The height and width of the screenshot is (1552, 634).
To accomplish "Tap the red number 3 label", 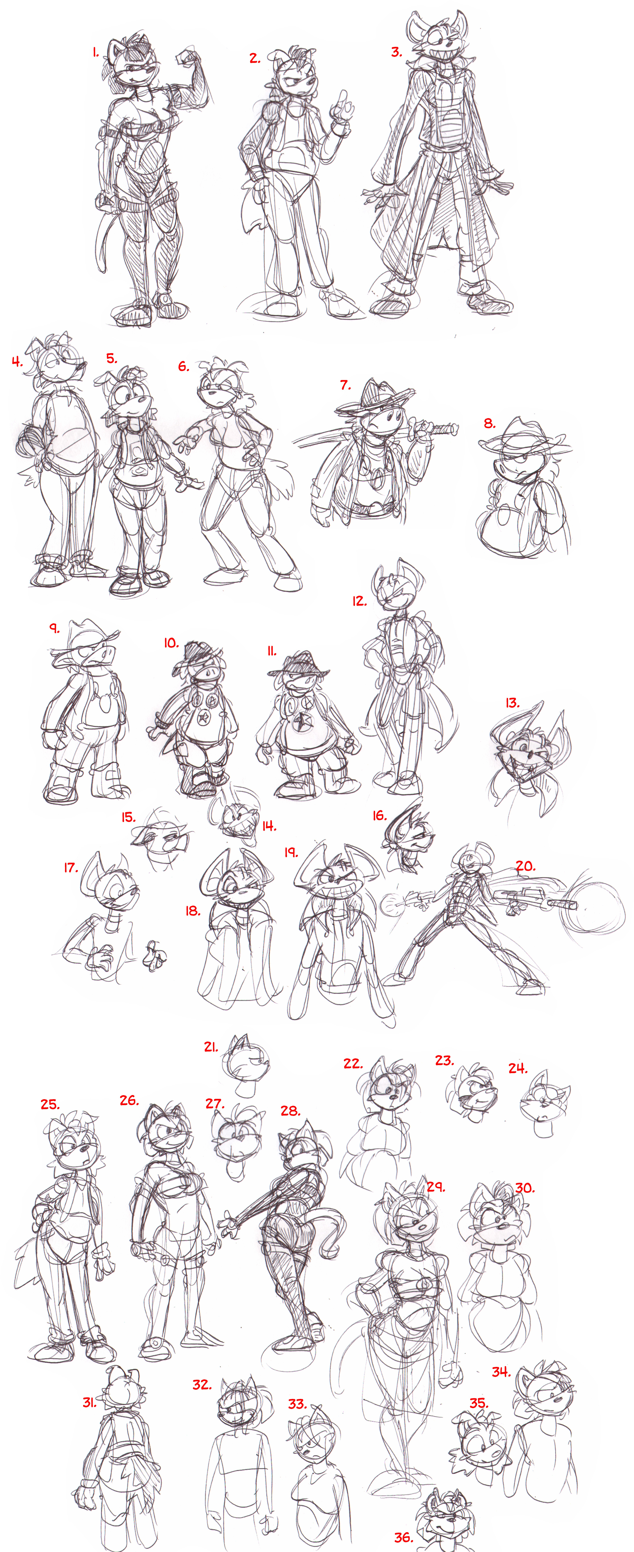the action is coord(396,52).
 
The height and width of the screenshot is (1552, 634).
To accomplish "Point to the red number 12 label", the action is coord(359,601).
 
